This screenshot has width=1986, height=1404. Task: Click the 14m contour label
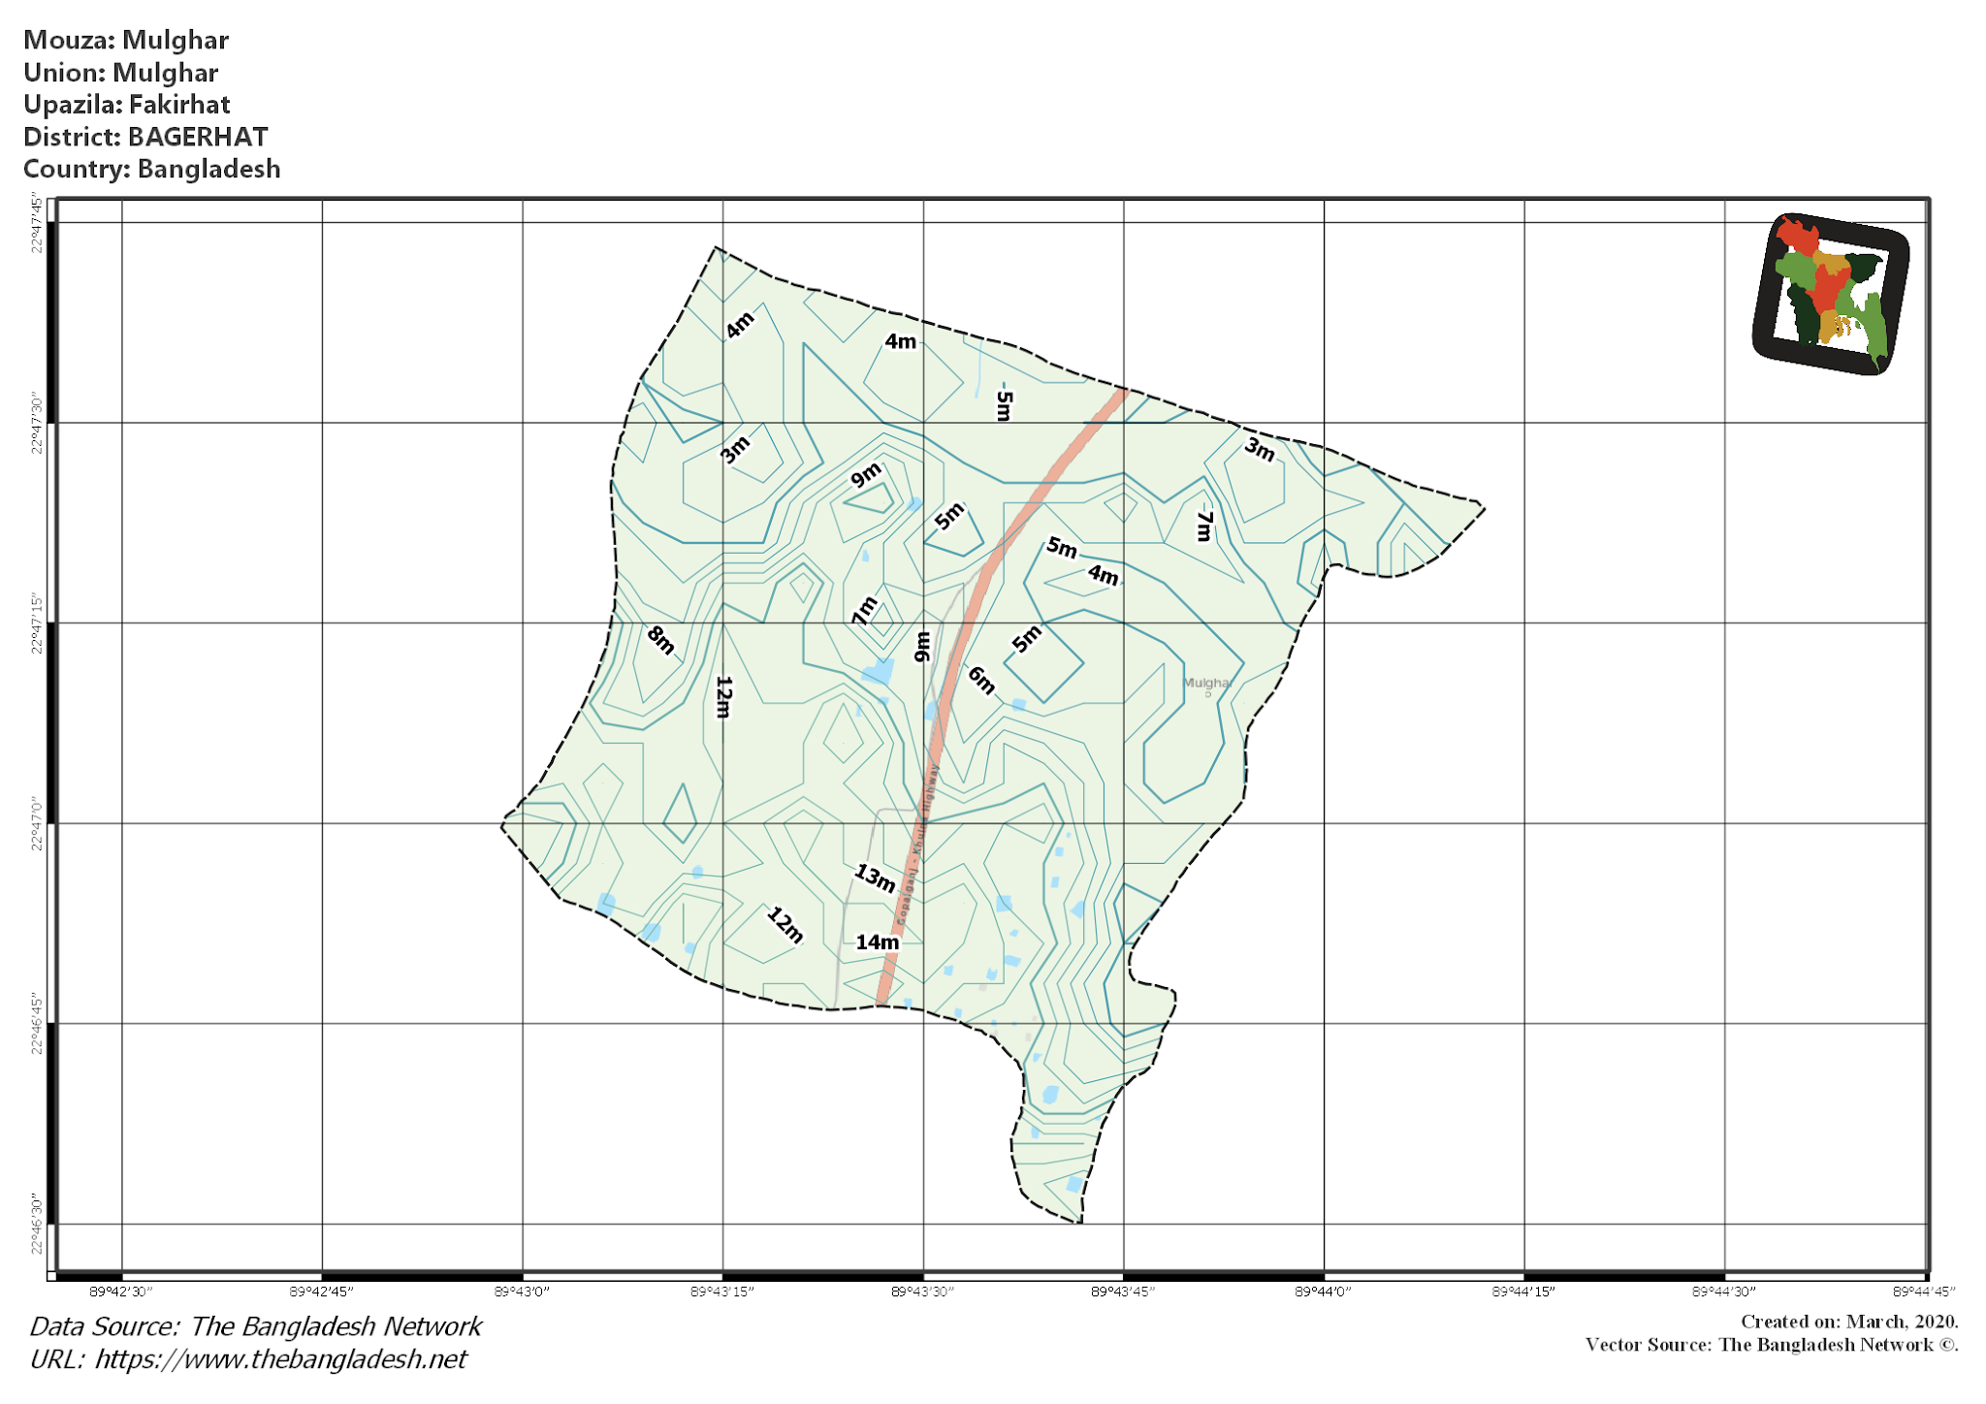(x=877, y=941)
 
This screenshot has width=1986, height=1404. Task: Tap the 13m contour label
(x=874, y=877)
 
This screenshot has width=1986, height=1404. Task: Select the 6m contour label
(x=981, y=681)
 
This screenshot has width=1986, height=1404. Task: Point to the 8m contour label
(x=660, y=640)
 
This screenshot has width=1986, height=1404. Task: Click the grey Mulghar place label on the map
(x=1206, y=683)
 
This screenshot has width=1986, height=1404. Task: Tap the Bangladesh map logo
(x=1831, y=293)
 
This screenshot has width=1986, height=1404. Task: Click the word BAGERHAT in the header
(x=198, y=137)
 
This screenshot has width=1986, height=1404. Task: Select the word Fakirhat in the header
(x=179, y=105)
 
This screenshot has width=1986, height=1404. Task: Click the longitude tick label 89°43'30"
(x=922, y=1292)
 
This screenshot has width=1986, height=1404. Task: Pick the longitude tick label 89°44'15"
(x=1523, y=1292)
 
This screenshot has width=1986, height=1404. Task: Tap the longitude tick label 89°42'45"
(x=322, y=1292)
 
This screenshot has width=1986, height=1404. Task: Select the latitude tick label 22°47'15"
(x=37, y=623)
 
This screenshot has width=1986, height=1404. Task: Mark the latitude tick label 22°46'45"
(x=37, y=1024)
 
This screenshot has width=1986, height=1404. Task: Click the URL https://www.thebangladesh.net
(x=280, y=1358)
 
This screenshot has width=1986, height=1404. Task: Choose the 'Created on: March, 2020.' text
(x=1849, y=1322)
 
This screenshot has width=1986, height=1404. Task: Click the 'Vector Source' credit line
(x=1771, y=1345)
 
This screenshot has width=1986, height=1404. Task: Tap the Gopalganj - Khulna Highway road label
(x=917, y=844)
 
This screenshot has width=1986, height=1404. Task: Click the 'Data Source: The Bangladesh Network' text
(x=255, y=1326)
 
